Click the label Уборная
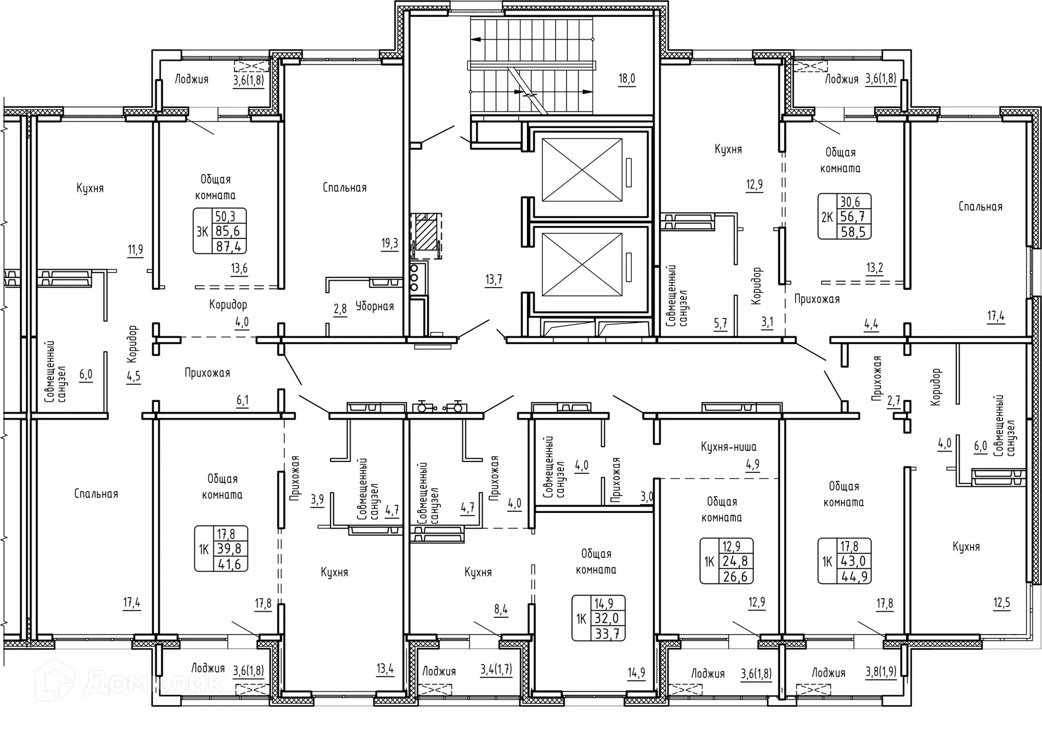point(374,307)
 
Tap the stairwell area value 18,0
point(627,79)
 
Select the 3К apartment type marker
point(202,232)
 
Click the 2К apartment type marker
point(827,217)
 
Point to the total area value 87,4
point(228,246)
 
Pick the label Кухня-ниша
point(728,447)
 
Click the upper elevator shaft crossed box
point(582,170)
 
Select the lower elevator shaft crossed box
point(582,265)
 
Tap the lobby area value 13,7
point(493,280)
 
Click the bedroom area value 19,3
point(390,243)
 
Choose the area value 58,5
point(853,232)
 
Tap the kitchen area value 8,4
point(501,610)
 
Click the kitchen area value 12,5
point(1002,603)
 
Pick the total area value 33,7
point(607,633)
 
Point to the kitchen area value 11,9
point(135,250)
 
